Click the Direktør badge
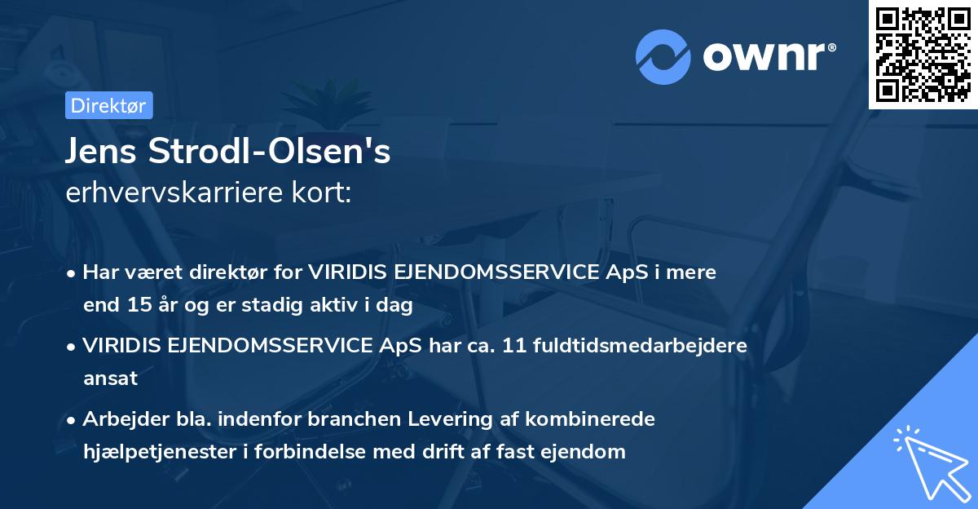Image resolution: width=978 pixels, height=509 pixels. [108, 105]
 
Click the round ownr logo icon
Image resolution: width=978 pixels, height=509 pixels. [663, 55]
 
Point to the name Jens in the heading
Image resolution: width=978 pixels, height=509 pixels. [101, 153]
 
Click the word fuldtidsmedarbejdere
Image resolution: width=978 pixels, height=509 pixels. [641, 346]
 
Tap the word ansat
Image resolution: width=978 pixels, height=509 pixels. [110, 378]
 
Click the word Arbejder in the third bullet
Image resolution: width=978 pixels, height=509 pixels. [121, 419]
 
